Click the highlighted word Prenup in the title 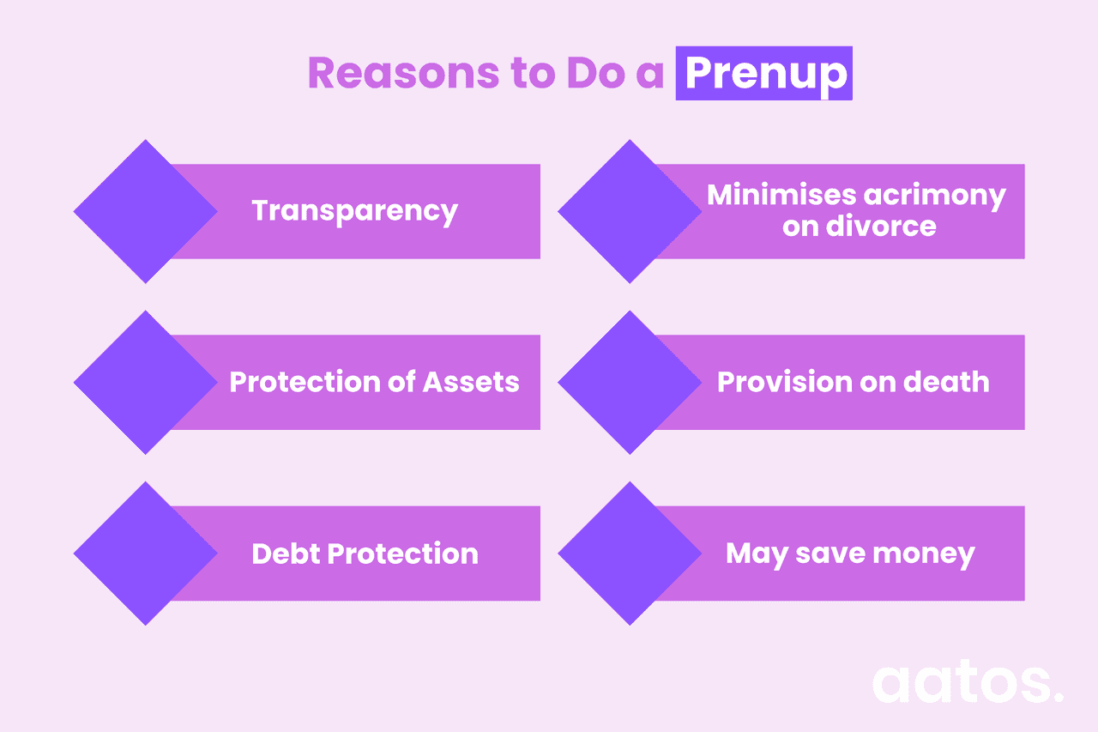764,74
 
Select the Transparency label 354,211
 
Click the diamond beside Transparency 145,211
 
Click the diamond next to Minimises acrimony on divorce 630,211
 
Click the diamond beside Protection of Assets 145,382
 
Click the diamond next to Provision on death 630,382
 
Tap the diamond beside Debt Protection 145,554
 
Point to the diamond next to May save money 630,554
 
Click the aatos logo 967,682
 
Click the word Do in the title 591,74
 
